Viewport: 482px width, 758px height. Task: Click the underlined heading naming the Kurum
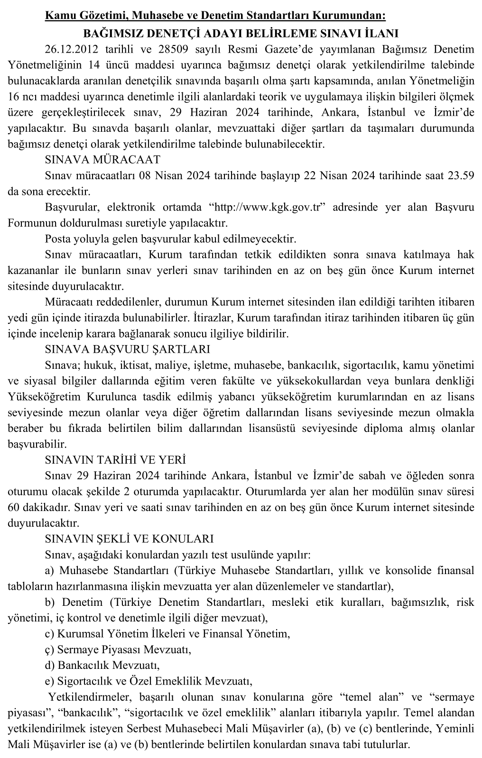(215, 16)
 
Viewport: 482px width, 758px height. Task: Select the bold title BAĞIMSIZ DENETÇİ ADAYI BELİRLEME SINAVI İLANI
(241, 33)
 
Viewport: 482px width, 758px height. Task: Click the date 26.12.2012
(68, 50)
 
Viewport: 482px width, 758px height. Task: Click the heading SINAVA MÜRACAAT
(102, 159)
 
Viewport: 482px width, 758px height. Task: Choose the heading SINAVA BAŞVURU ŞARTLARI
(127, 349)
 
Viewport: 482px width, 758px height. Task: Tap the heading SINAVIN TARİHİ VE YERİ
(115, 460)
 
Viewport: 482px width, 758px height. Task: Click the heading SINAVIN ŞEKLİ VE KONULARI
(129, 539)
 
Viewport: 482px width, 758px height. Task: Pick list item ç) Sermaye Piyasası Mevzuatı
(118, 649)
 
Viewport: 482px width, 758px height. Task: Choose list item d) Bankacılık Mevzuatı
(102, 665)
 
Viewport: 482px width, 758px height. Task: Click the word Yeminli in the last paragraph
(456, 729)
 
